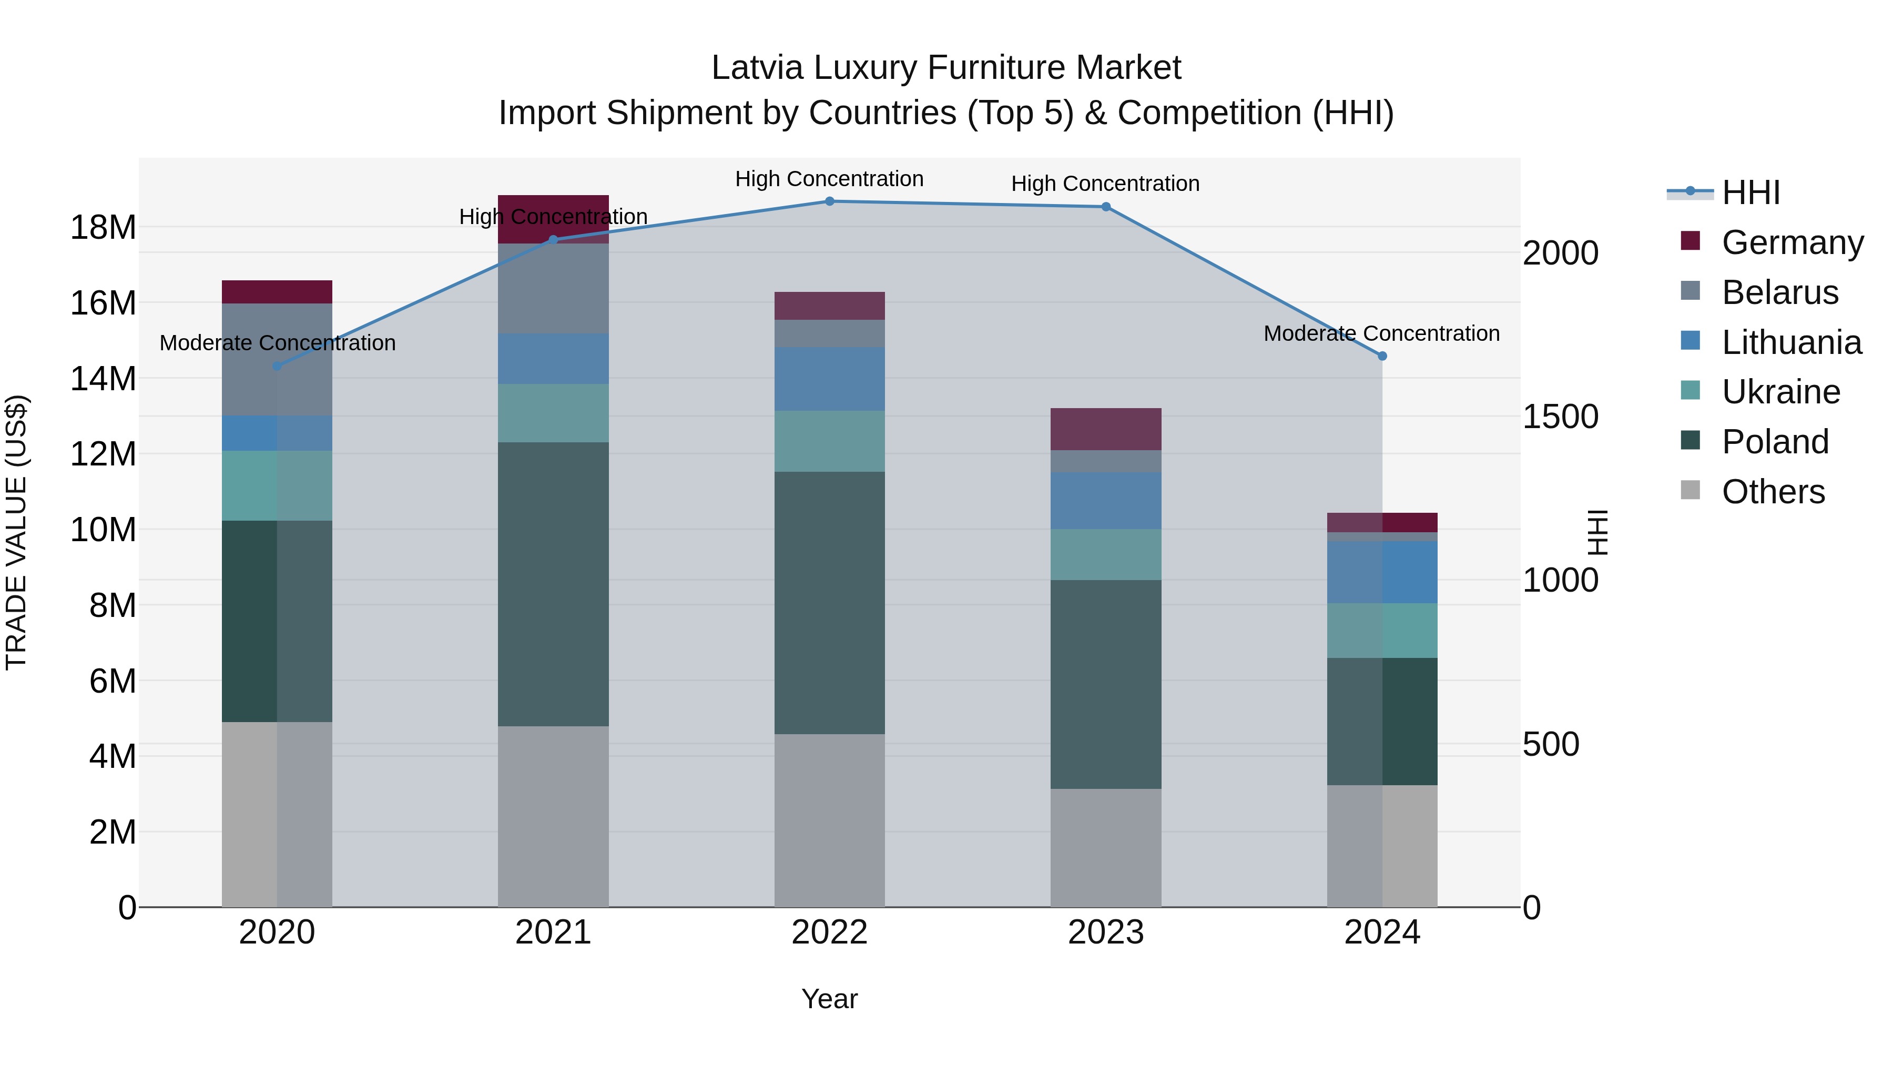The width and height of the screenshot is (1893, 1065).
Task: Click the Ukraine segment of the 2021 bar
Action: click(553, 412)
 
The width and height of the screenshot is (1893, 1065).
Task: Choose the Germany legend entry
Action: click(1791, 242)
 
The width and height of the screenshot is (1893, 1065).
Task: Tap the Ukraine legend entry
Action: click(1780, 392)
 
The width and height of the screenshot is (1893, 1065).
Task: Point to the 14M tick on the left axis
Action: click(103, 379)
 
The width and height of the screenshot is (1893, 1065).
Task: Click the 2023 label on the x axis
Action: click(1105, 932)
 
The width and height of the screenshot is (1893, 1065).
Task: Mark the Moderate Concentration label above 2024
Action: click(1381, 333)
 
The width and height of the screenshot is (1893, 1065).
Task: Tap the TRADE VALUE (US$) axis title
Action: click(16, 532)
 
